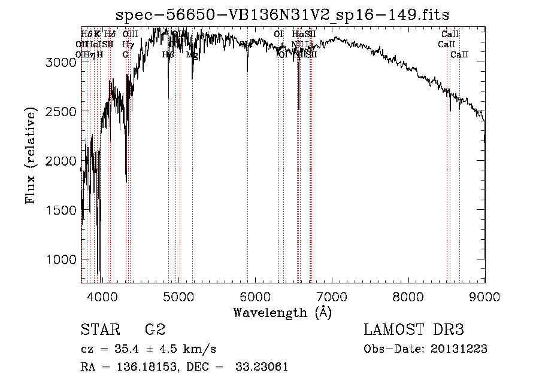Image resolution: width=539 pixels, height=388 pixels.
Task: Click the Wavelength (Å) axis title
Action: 282,312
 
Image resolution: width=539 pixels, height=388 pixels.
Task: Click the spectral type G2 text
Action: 155,330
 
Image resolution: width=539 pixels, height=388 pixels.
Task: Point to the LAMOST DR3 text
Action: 413,330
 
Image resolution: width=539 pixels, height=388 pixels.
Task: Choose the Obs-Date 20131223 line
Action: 425,349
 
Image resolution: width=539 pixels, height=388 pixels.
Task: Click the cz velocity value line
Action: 148,349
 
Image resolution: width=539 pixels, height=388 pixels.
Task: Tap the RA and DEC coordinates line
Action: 184,366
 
